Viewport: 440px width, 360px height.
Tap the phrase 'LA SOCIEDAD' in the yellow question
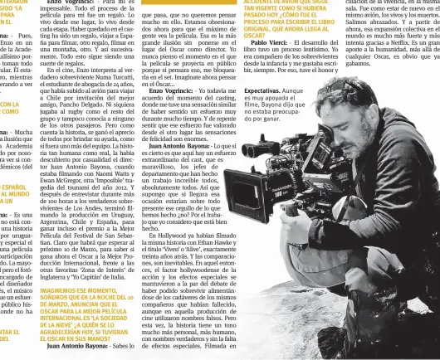point(146,294)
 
